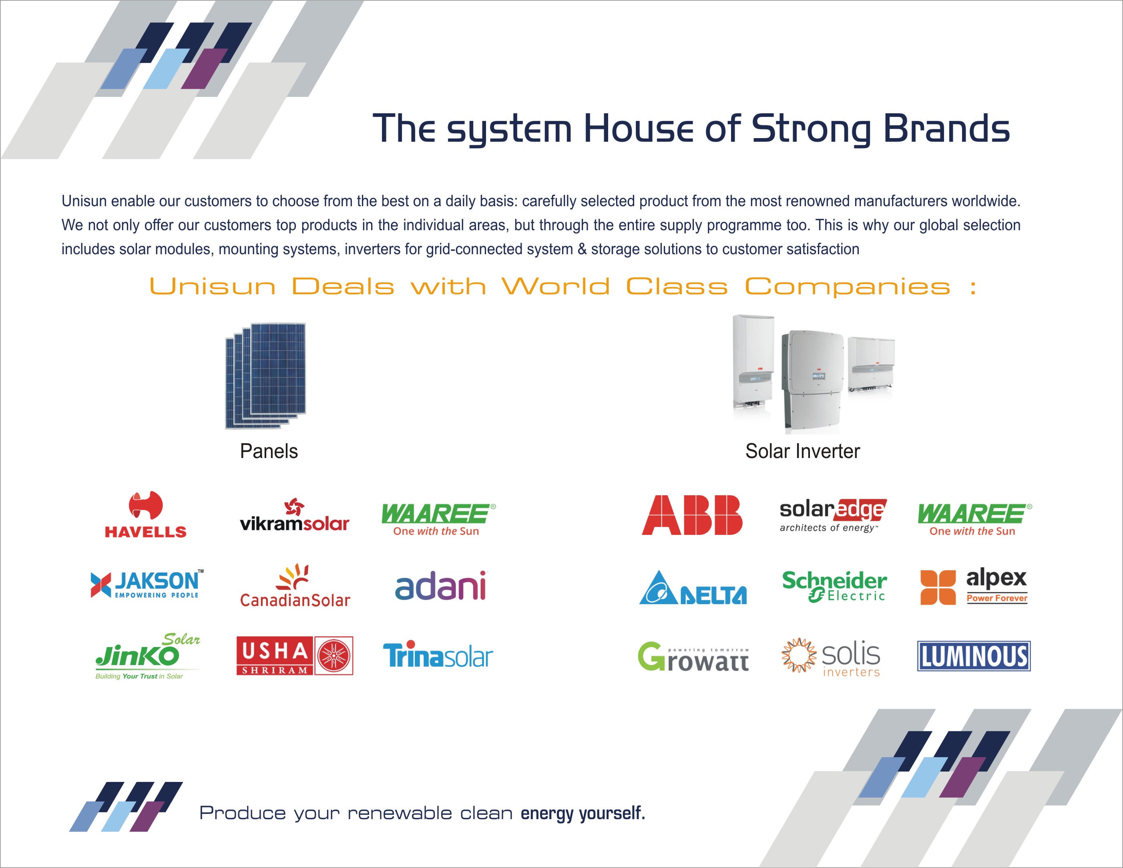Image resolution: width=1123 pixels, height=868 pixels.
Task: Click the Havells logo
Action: pos(145,514)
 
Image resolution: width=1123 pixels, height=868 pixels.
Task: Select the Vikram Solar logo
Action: pos(295,515)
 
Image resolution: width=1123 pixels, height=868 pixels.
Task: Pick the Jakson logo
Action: pos(147,584)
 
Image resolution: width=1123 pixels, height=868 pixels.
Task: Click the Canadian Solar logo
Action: pos(295,586)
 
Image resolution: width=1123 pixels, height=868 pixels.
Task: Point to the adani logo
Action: pos(441,586)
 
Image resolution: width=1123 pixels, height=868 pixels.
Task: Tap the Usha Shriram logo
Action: pos(295,656)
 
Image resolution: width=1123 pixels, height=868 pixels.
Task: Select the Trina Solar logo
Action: pos(438,655)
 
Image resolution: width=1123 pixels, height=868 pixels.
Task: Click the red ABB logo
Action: pos(692,515)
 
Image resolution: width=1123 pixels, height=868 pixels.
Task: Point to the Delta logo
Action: pos(693,587)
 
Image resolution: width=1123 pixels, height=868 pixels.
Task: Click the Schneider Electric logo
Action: pos(834,586)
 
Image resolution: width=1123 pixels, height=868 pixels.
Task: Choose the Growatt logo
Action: pos(693,656)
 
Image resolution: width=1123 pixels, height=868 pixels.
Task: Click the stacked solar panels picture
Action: pos(266,376)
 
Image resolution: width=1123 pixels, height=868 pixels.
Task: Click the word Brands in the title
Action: pos(946,128)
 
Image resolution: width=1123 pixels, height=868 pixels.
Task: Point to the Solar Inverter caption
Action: pos(803,451)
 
